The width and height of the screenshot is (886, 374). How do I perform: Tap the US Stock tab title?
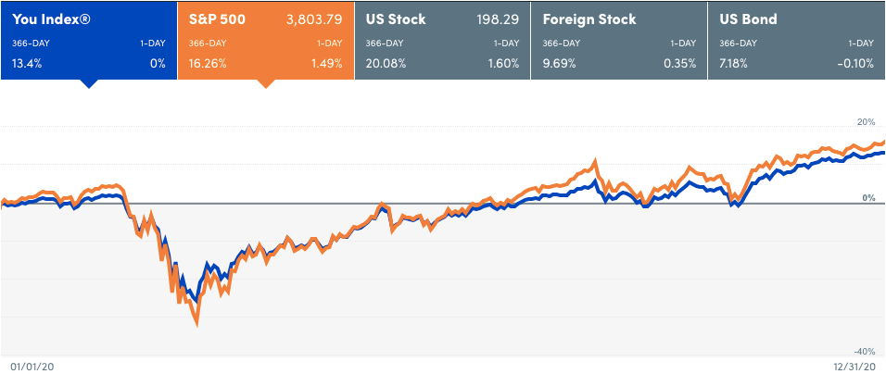395,19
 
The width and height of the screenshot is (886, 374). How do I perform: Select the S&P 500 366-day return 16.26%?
207,63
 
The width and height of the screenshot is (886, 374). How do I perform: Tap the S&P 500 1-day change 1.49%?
327,63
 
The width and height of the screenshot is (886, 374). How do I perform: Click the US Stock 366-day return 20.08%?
386,63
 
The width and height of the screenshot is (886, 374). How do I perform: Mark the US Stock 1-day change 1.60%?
504,63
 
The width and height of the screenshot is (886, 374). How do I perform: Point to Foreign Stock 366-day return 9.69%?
559,63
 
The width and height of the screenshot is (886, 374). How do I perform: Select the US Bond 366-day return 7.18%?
736,63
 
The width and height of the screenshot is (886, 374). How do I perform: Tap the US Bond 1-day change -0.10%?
855,63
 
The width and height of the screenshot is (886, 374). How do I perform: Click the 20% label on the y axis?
866,122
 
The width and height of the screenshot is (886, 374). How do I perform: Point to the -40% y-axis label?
863,352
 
